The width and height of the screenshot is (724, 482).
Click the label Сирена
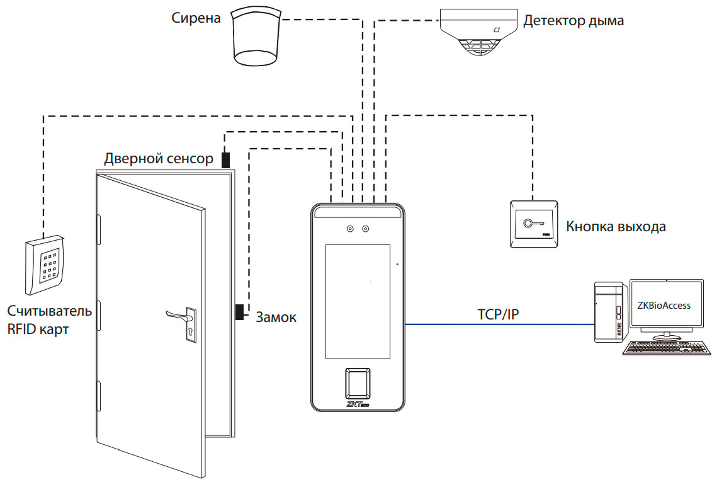point(196,18)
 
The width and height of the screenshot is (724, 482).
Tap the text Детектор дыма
point(574,21)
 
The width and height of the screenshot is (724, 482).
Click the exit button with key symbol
point(533,224)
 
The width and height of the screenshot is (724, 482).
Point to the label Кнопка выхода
point(615,227)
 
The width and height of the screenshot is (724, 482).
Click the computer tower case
point(611,312)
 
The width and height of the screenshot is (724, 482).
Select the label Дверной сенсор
point(159,158)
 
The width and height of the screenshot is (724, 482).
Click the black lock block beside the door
point(239,311)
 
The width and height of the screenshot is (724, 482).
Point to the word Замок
point(276,318)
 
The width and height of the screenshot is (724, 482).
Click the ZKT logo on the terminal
point(356,405)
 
